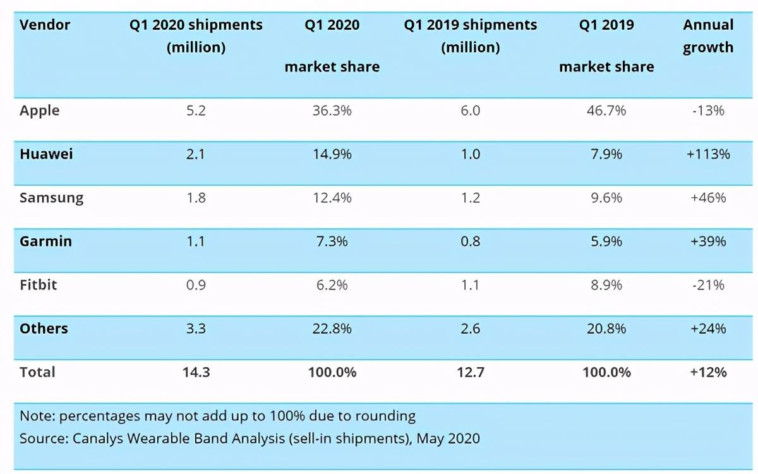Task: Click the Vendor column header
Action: pyautogui.click(x=45, y=25)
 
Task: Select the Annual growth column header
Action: pyautogui.click(x=708, y=36)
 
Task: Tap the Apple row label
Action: pyautogui.click(x=40, y=111)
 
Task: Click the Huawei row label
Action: pyautogui.click(x=46, y=154)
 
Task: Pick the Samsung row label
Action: pyautogui.click(x=51, y=198)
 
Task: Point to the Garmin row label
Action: pyautogui.click(x=45, y=241)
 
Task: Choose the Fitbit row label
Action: pyautogui.click(x=39, y=285)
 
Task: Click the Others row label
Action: pyautogui.click(x=44, y=329)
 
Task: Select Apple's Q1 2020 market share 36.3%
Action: pyautogui.click(x=332, y=111)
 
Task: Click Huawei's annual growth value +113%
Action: pyautogui.click(x=708, y=154)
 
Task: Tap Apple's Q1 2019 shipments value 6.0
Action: pyautogui.click(x=471, y=111)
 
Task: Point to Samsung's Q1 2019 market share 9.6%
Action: pyautogui.click(x=606, y=198)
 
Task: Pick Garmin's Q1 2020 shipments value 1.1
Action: pyautogui.click(x=196, y=241)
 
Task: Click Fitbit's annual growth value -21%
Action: pyautogui.click(x=708, y=285)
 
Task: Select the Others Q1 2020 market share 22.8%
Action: pyautogui.click(x=332, y=329)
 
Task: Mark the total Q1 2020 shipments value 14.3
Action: pyautogui.click(x=196, y=372)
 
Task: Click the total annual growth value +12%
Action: pyautogui.click(x=708, y=372)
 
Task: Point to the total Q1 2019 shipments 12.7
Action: pyautogui.click(x=471, y=372)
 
